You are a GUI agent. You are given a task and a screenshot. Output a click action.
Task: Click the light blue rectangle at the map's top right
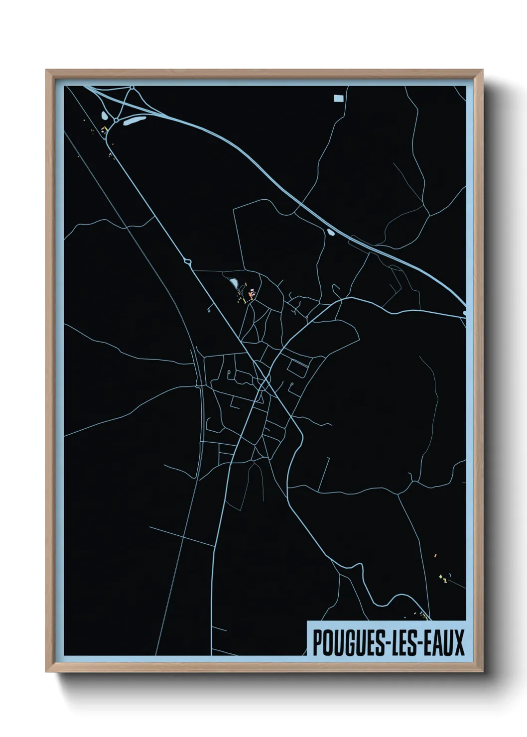(x=339, y=98)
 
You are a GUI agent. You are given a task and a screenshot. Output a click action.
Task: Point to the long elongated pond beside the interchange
(x=134, y=121)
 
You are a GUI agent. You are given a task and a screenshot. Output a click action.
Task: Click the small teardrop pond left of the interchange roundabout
(x=104, y=116)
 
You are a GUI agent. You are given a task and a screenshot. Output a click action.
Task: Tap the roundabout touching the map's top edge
(x=132, y=88)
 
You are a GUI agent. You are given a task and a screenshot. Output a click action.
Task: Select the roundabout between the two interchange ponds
(x=116, y=120)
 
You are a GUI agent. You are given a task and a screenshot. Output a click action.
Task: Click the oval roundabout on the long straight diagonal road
(x=188, y=260)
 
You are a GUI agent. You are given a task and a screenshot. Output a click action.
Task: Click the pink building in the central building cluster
(x=252, y=291)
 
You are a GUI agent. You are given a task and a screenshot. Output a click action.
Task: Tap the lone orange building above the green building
(x=435, y=554)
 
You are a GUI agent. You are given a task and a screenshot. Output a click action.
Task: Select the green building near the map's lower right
(x=441, y=577)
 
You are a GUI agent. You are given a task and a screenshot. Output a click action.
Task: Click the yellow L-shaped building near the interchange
(x=105, y=129)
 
